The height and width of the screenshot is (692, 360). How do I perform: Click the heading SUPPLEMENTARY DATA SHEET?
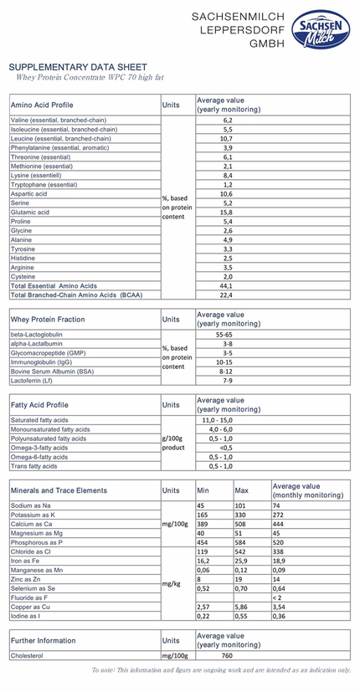pos(77,67)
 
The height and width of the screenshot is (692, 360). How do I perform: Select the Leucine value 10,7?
pos(227,139)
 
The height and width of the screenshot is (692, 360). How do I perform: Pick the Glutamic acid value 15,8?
pos(227,213)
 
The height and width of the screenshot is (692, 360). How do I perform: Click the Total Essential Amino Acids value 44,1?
pos(227,285)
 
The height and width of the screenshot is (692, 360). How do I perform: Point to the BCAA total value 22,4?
pos(227,295)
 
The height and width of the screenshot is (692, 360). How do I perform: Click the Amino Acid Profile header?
pos(42,105)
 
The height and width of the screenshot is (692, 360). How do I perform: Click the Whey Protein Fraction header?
pos(47,319)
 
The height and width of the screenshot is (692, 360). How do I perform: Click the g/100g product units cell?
pos(176,443)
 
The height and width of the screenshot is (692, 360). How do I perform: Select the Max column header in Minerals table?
pos(242,490)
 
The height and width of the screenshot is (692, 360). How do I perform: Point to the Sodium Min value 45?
pos(201,505)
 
